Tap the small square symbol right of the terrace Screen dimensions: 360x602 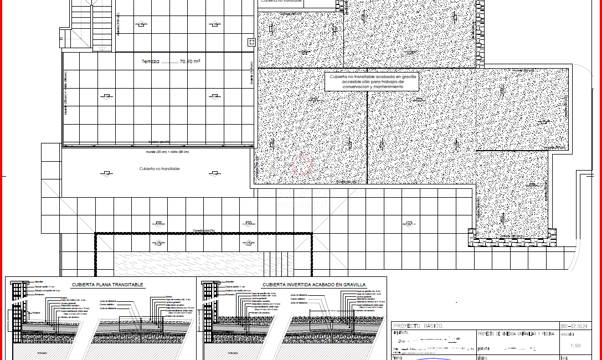click(x=251, y=42)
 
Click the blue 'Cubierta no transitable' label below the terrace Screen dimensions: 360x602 click(x=159, y=168)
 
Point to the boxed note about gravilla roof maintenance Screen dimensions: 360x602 click(x=372, y=81)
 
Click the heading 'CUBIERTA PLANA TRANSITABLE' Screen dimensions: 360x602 click(x=107, y=285)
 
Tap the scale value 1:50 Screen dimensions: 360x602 click(x=575, y=346)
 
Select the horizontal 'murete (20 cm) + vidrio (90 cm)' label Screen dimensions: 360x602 click(x=167, y=152)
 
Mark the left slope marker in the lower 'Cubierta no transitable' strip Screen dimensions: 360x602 click(x=105, y=174)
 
